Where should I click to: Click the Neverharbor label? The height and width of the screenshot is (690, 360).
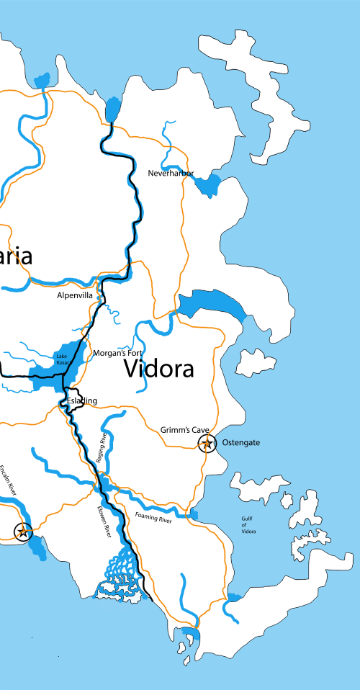pos(171,174)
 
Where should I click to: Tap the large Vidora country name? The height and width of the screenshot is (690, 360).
pos(158,369)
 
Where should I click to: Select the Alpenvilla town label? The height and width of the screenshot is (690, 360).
pos(75,295)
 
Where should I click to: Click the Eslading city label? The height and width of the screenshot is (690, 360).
pos(81,400)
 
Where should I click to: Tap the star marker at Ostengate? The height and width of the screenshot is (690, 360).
pos(207,444)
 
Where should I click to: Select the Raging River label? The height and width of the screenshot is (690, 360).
pos(104,447)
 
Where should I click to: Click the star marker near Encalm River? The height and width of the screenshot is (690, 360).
pos(23,532)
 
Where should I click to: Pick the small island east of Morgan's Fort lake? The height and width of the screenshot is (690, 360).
pos(251,362)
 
